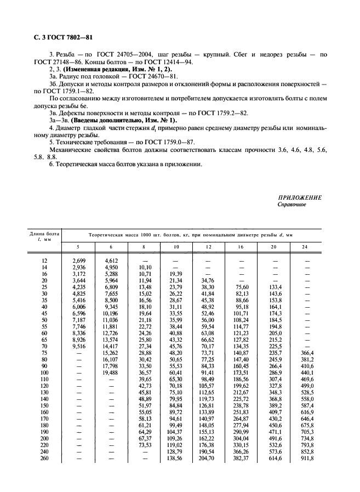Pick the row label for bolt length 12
(x=44, y=261)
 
